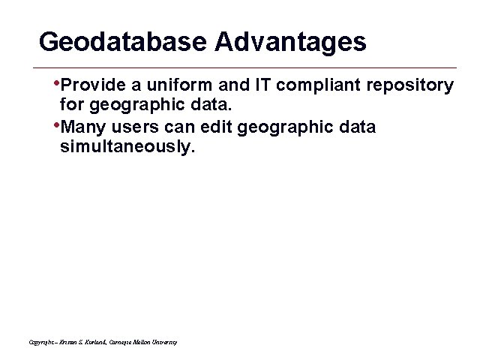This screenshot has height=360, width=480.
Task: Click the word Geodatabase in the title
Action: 123,42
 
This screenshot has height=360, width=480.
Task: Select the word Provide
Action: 88,85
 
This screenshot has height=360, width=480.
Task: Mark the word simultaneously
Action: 127,148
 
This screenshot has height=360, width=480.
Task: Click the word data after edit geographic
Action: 355,127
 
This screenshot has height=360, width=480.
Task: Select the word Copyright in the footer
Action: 42,342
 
